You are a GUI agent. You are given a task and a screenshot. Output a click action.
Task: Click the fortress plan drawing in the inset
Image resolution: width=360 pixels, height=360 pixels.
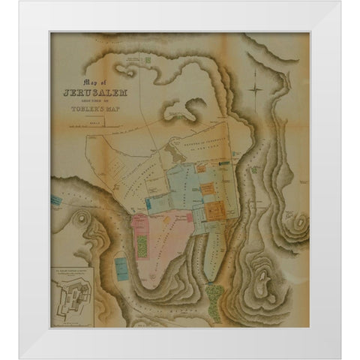click(72, 304)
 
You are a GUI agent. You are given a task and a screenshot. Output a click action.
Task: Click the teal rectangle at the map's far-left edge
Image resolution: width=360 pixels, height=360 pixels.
click(55, 201)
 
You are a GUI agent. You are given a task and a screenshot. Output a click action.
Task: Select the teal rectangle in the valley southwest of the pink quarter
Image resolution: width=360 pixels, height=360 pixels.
click(120, 264)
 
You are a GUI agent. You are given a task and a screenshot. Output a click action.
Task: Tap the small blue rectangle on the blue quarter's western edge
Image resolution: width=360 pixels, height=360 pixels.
click(151, 202)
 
